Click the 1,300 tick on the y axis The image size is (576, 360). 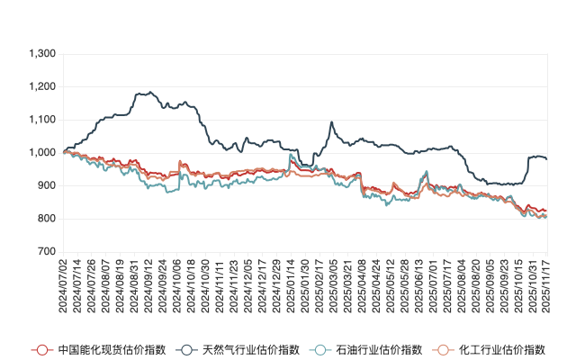click(42, 54)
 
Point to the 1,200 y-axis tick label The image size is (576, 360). click(42, 87)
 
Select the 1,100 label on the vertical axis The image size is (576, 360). click(42, 120)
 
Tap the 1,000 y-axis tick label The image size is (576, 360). click(42, 153)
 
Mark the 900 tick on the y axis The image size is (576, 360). click(47, 186)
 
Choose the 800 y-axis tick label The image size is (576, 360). click(47, 219)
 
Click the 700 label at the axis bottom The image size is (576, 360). click(47, 252)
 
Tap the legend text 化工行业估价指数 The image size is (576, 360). click(503, 349)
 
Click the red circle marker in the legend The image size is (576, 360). click(40, 349)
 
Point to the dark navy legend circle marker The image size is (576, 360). click(184, 349)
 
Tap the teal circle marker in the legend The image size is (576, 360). click(319, 349)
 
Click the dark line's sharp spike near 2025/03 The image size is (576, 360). click(332, 122)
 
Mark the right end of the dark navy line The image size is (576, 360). click(546, 158)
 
